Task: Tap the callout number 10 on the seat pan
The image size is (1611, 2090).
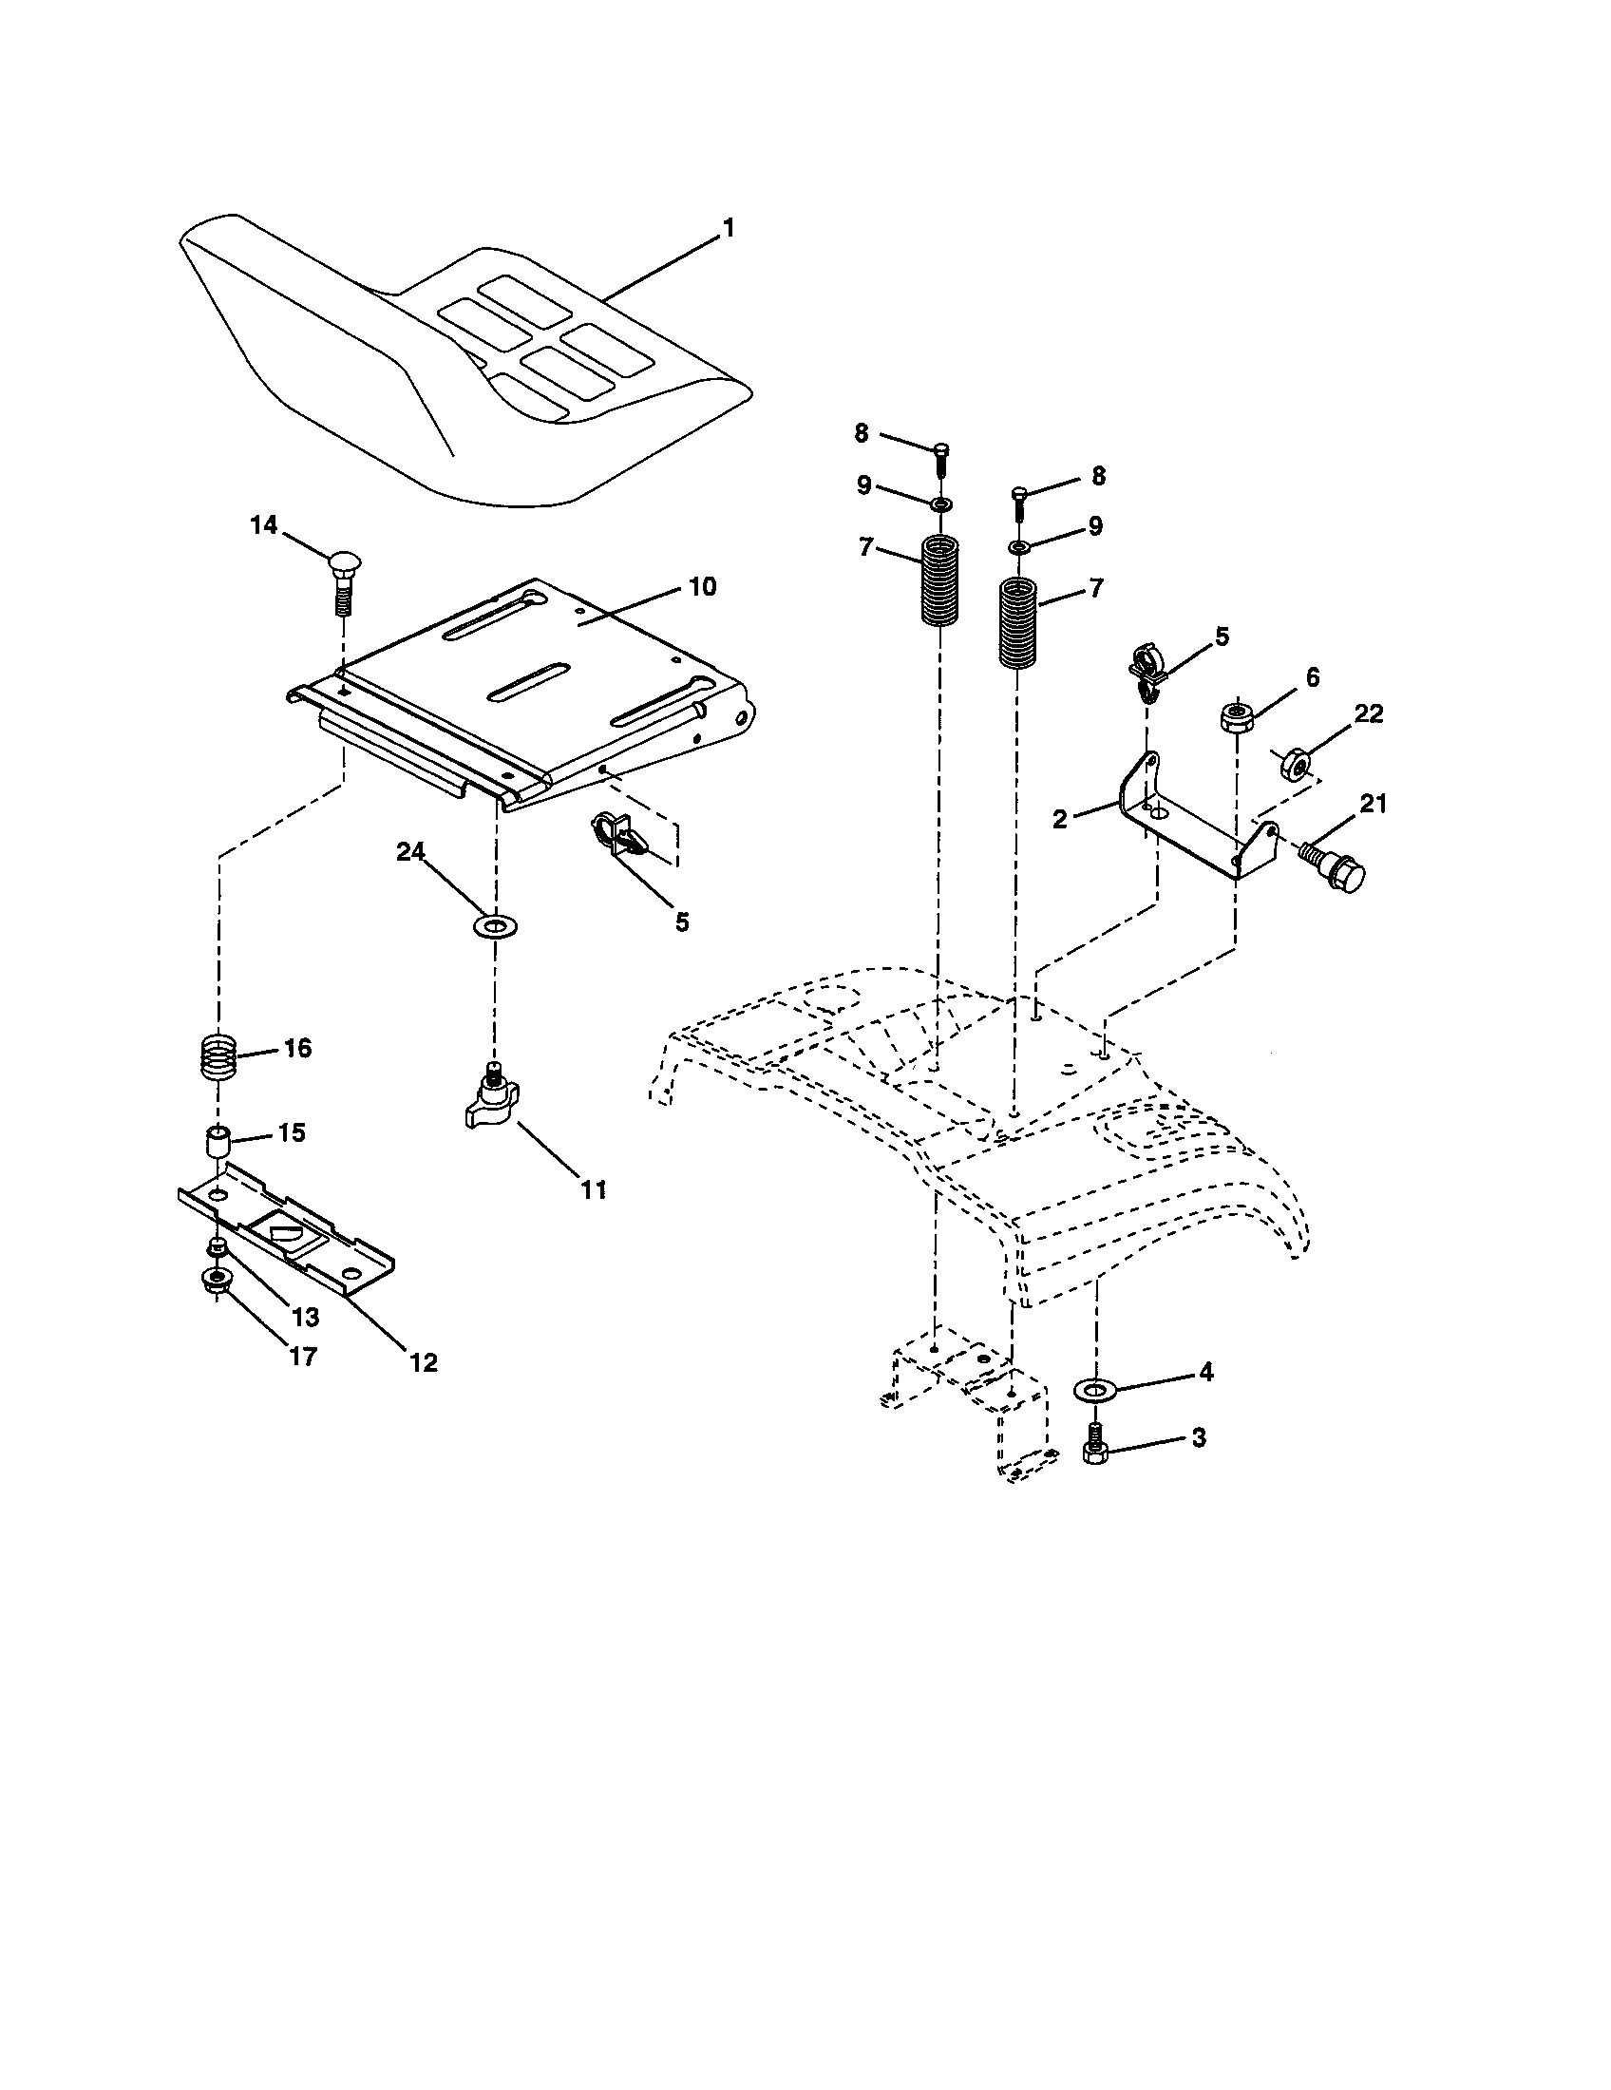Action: pos(702,586)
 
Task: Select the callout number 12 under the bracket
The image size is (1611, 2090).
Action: pos(423,1362)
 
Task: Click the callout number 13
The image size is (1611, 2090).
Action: pos(305,1317)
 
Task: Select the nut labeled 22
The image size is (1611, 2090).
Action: pos(1296,763)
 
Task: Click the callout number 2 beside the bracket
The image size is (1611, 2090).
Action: pos(1059,819)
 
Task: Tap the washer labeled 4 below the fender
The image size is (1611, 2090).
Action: pos(1096,1388)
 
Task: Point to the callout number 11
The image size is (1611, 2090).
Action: pos(594,1189)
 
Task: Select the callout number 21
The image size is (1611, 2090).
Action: pos(1373,804)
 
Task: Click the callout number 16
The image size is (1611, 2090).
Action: pos(297,1048)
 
